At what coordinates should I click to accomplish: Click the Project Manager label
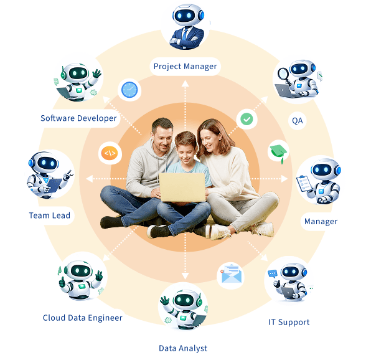coord(185,67)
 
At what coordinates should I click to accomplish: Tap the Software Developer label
coord(78,118)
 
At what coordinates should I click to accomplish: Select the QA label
coord(297,121)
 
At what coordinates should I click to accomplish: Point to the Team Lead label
coord(49,216)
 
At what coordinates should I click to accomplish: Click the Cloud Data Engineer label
coord(83,318)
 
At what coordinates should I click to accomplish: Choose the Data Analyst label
coord(183,348)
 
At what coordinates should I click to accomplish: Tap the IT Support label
coord(289,322)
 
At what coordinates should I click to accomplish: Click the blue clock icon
coord(129,90)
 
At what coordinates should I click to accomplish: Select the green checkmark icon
coord(247,119)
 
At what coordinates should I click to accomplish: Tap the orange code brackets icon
coord(110,153)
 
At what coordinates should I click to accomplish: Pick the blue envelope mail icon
coord(231,275)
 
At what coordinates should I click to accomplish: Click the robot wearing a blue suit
coord(187,27)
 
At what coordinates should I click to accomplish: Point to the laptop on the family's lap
coord(182,187)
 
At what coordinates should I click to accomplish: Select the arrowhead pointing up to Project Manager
coord(185,83)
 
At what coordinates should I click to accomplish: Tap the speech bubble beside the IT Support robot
coord(272,274)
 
